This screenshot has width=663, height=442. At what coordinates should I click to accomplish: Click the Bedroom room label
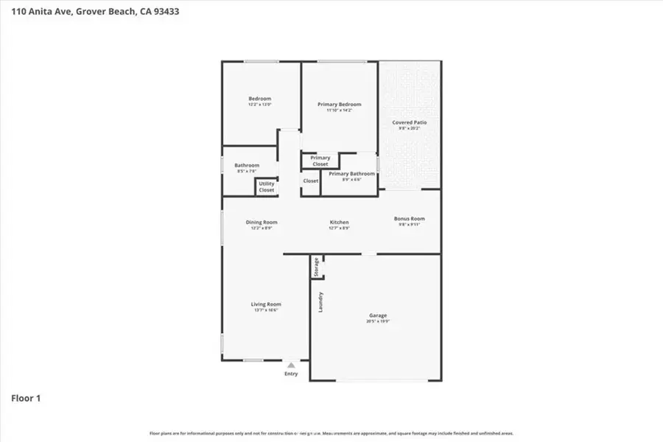click(x=259, y=99)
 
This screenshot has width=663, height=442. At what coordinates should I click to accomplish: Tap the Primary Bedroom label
click(x=340, y=105)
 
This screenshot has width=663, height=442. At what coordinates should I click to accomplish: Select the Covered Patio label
click(x=410, y=122)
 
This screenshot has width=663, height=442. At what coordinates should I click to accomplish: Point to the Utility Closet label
click(x=266, y=187)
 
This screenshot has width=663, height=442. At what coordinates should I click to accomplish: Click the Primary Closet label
click(x=320, y=161)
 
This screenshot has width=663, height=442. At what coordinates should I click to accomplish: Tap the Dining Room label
click(x=261, y=222)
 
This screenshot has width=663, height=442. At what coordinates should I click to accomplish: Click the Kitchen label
click(x=339, y=222)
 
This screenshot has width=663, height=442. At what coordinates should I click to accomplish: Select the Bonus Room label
click(x=410, y=219)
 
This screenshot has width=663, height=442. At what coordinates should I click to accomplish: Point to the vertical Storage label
click(x=317, y=267)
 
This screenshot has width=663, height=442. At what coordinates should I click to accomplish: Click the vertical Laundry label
click(x=320, y=303)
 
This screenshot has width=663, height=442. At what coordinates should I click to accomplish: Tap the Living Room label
click(x=266, y=304)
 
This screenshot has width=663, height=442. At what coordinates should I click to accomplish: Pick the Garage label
click(x=377, y=315)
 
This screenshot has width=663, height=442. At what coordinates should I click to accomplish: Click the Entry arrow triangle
click(x=292, y=365)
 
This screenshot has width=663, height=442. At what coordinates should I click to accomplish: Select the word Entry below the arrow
click(x=292, y=374)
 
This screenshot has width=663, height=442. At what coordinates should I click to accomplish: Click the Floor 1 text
click(x=26, y=399)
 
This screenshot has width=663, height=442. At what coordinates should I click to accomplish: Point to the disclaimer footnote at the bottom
click(x=331, y=434)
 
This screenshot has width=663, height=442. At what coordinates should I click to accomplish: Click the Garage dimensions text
click(x=377, y=322)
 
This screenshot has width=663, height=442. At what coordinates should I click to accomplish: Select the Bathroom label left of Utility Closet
click(x=247, y=166)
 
